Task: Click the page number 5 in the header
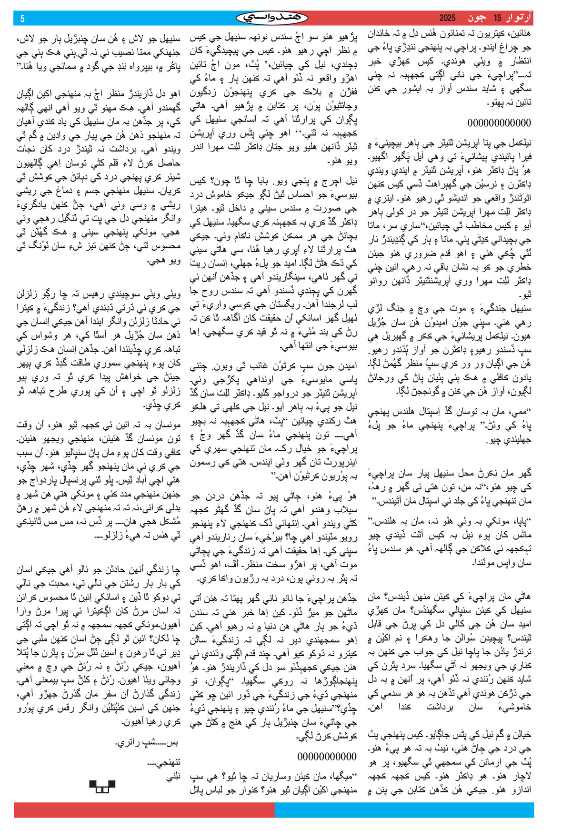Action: (22, 19)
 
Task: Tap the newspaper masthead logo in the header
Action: (272, 18)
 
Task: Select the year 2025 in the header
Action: (447, 18)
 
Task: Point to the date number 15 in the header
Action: (498, 18)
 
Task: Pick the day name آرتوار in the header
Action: (520, 18)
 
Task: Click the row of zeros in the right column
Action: (499, 123)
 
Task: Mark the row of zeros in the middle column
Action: (327, 756)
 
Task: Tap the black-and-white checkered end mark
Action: (102, 786)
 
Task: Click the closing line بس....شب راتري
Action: (148, 743)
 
